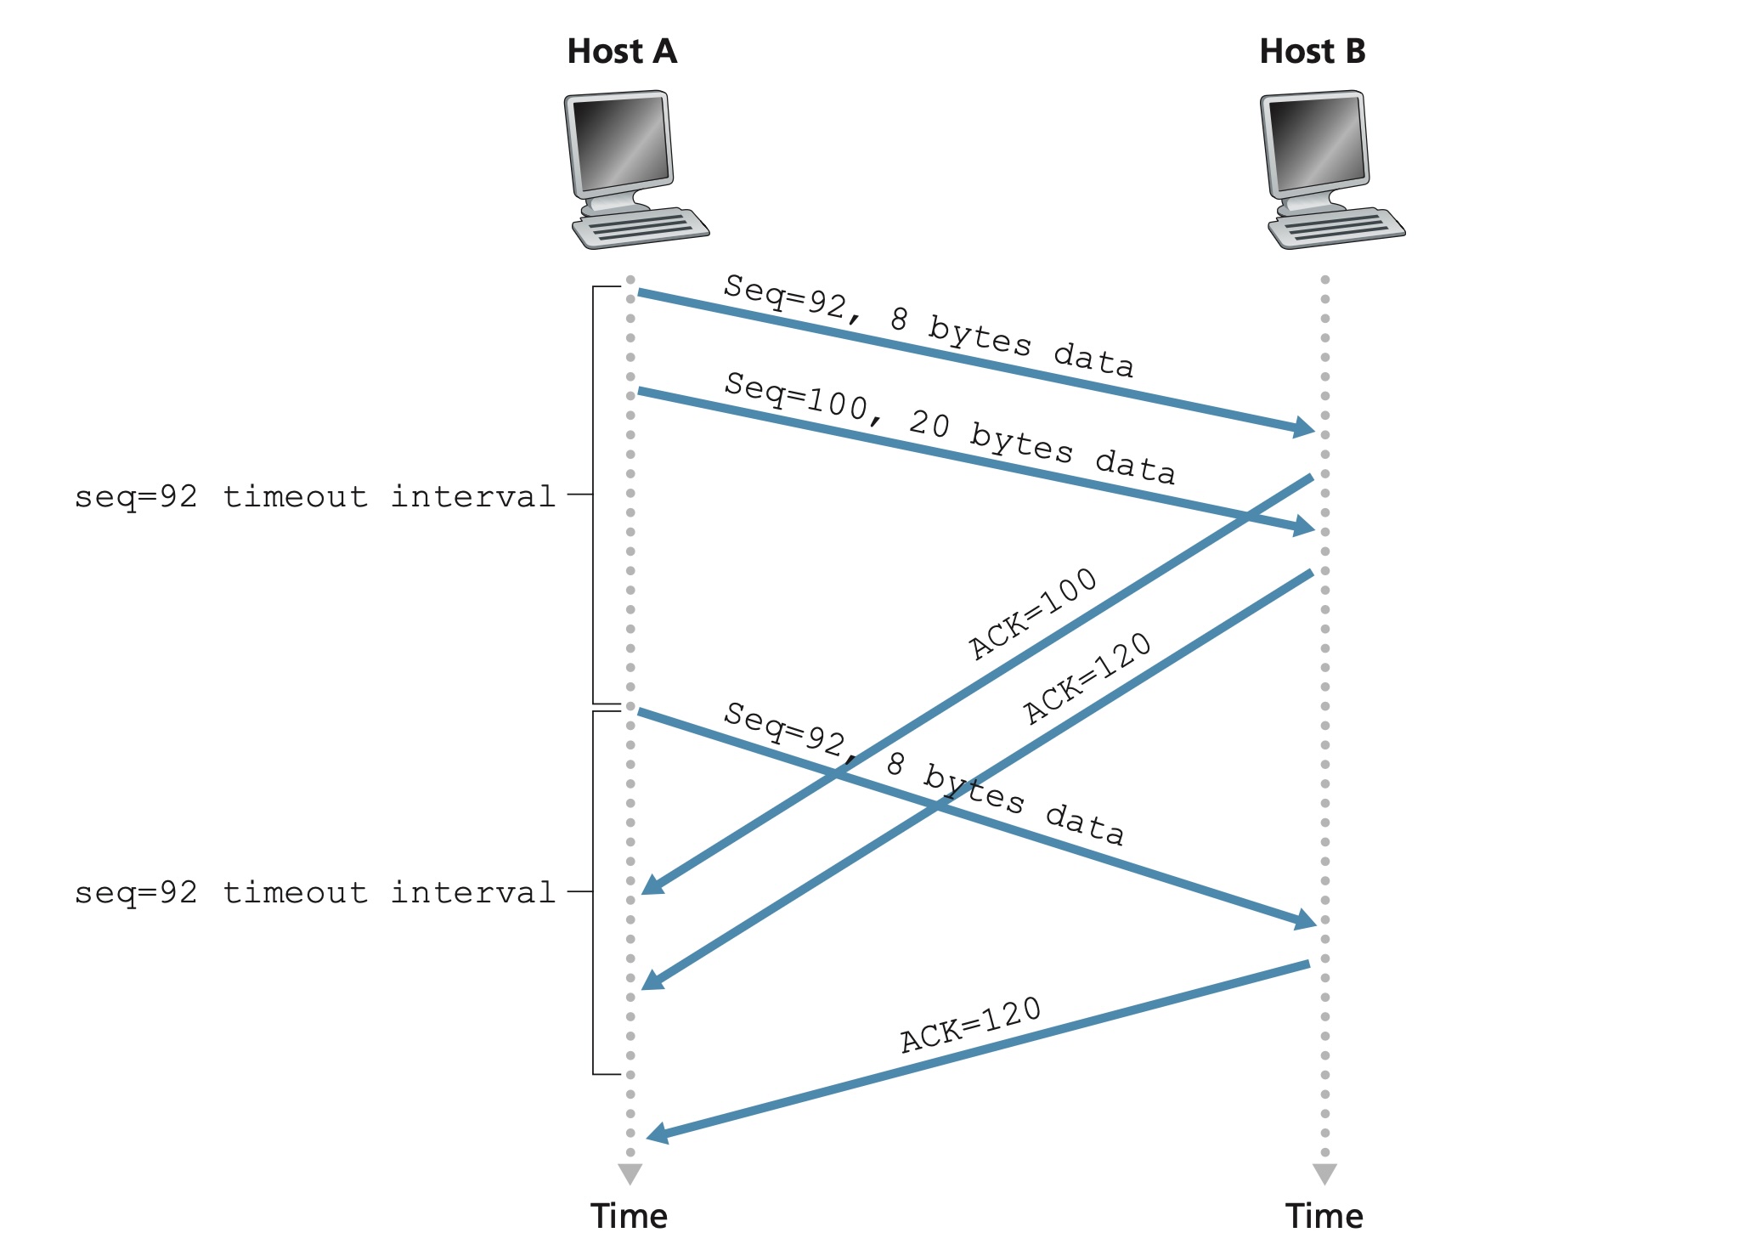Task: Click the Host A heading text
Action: click(x=621, y=52)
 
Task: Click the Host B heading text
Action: click(x=1312, y=52)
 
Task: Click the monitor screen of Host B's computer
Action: click(x=1315, y=143)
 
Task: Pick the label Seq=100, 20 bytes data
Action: click(x=949, y=427)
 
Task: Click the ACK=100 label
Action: click(x=1032, y=613)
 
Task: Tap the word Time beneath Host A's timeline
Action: click(x=629, y=1216)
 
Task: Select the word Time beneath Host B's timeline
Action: click(x=1324, y=1216)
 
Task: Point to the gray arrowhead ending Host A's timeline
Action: click(x=630, y=1173)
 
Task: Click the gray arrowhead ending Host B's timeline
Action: click(x=1324, y=1173)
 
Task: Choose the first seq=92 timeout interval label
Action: click(x=314, y=496)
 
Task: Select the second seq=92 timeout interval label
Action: click(x=314, y=892)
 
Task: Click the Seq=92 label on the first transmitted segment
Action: click(x=928, y=325)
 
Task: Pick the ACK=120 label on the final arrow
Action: click(x=970, y=1025)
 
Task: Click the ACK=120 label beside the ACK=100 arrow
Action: click(x=1087, y=678)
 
